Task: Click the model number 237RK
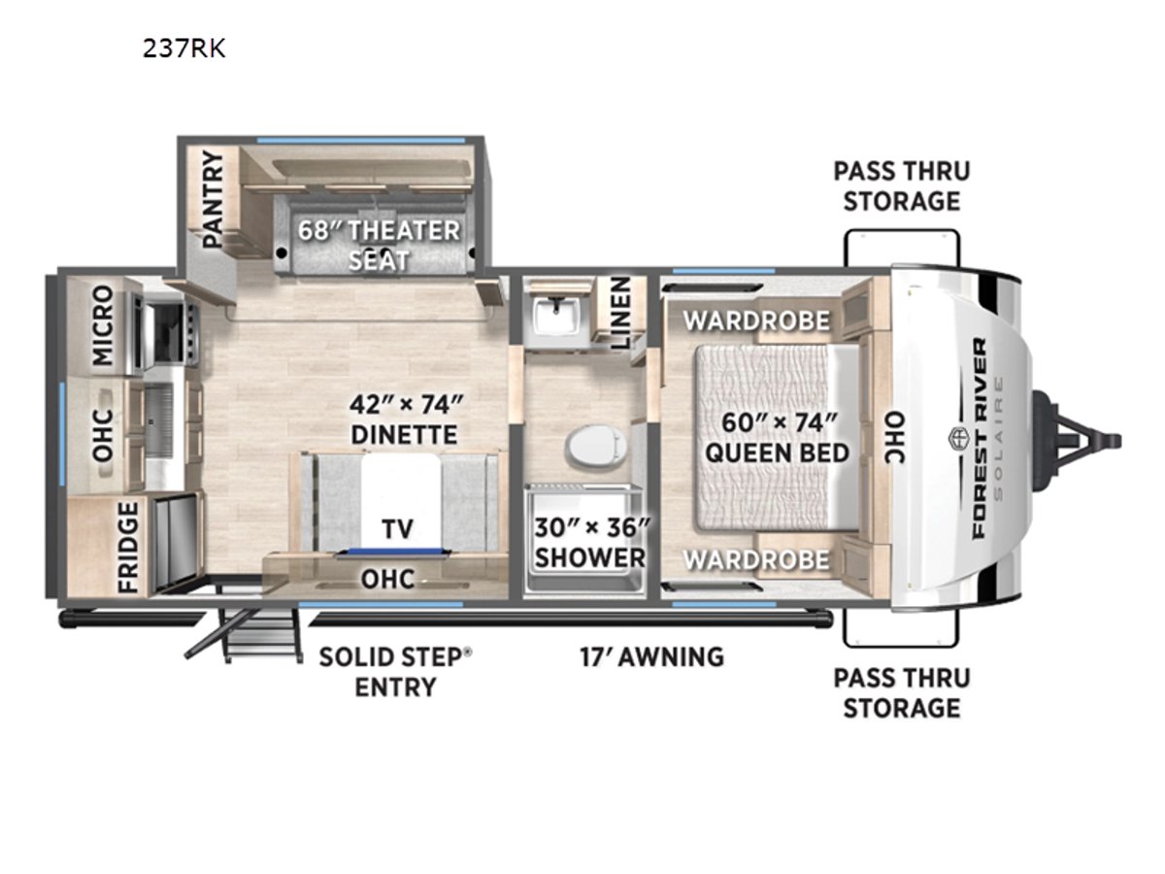coord(183,49)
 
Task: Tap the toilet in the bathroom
coord(594,445)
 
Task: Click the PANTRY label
coord(213,199)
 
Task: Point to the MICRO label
coord(103,326)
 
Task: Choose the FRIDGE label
coord(128,548)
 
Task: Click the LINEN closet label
coord(620,313)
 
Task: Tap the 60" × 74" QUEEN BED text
coord(777,438)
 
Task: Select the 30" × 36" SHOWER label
coord(590,542)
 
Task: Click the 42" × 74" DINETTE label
coord(405,420)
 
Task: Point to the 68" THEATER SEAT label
coord(379,245)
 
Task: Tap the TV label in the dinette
coord(397,528)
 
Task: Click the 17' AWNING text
coord(651,657)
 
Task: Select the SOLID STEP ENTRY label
coord(395,672)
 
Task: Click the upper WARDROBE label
coord(756,320)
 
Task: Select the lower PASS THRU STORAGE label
coord(902,693)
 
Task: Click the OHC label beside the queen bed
coord(895,438)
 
